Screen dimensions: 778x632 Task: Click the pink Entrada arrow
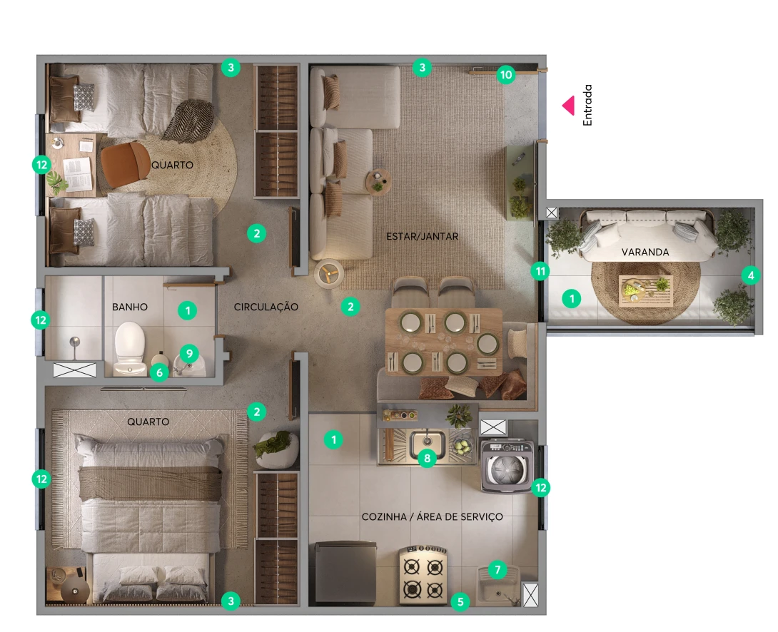(569, 106)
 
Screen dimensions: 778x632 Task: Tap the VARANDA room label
(645, 253)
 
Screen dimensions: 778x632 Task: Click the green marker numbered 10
(505, 75)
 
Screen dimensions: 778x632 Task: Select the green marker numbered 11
(540, 271)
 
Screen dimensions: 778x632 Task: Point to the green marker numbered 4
(751, 275)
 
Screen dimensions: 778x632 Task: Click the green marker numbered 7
(497, 569)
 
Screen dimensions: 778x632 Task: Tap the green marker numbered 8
(428, 458)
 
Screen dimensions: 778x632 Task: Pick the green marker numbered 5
(460, 602)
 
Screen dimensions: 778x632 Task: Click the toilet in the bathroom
(130, 349)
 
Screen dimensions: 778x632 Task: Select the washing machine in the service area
(507, 466)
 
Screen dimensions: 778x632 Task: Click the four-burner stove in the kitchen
(423, 576)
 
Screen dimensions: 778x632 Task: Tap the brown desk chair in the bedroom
(126, 165)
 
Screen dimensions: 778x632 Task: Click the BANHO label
(130, 307)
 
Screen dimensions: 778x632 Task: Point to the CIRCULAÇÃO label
(266, 307)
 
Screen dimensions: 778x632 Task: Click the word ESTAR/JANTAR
(423, 236)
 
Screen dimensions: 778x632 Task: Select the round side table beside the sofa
(378, 183)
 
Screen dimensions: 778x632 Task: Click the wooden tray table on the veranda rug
(645, 291)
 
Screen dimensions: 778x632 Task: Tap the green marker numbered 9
(189, 353)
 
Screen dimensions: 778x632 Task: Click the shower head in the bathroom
(74, 342)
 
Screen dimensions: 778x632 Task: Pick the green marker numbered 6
(159, 372)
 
